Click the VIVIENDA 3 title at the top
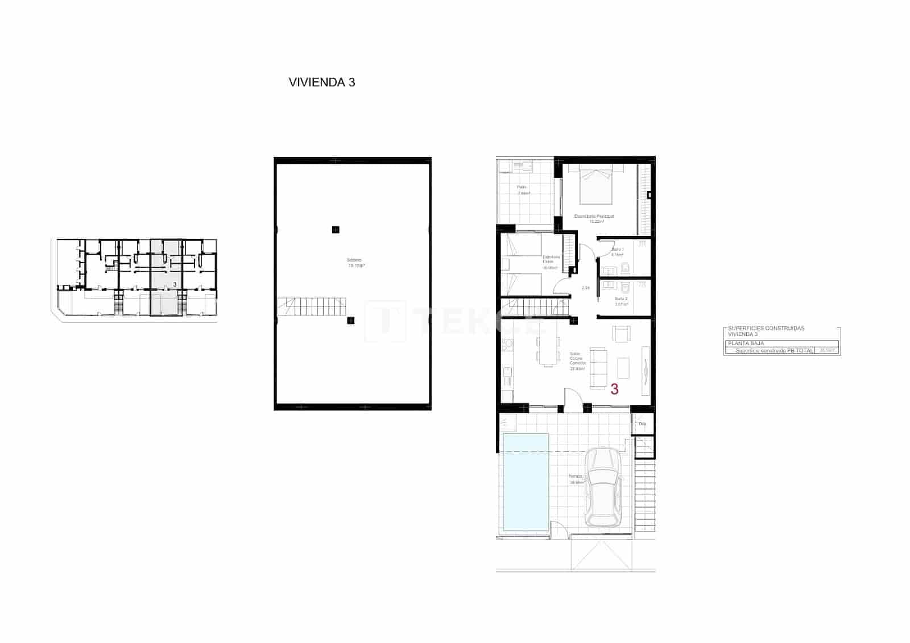tap(322, 82)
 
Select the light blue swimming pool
tap(524, 481)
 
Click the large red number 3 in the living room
tap(614, 389)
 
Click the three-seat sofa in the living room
tap(598, 368)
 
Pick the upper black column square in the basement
tap(336, 230)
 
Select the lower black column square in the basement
tap(350, 321)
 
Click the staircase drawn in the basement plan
tap(312, 306)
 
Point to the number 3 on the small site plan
tap(175, 284)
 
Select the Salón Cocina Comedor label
tap(578, 361)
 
